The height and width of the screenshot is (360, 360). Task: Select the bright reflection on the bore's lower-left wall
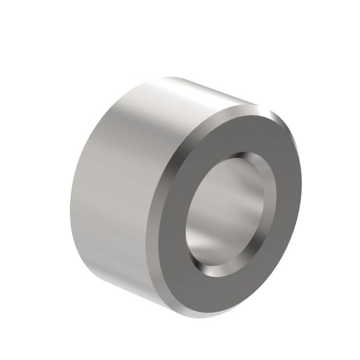click(x=206, y=242)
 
